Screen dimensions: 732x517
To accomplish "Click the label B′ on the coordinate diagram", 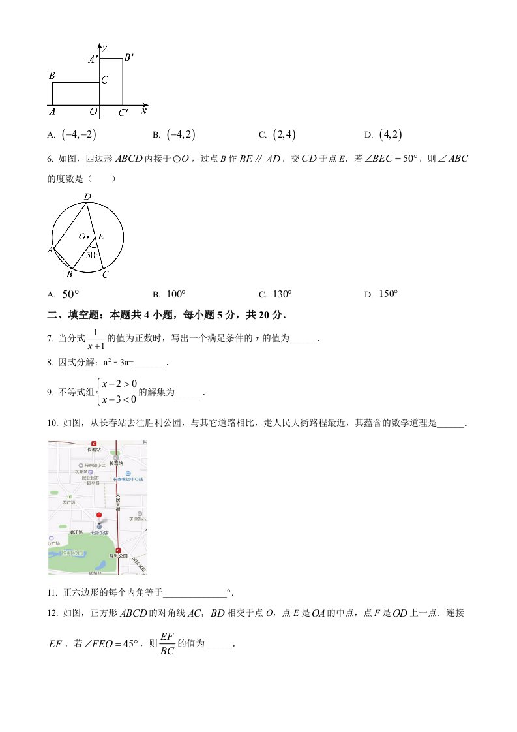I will coord(128,57).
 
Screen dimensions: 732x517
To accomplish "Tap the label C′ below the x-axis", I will coord(123,113).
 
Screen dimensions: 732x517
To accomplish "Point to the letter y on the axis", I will coord(104,46).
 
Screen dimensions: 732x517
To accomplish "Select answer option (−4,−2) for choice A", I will coord(79,134).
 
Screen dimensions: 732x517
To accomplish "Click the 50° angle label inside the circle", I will coord(93,255).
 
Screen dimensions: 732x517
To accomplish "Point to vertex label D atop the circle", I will coord(87,196).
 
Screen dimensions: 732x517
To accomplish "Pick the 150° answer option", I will coord(388,294).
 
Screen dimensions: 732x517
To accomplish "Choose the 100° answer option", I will coord(176,294).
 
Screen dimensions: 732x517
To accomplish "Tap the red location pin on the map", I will coord(98,515).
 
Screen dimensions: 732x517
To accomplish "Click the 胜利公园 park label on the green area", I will coord(73,553).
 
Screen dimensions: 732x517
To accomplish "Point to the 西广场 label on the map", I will coord(68,502).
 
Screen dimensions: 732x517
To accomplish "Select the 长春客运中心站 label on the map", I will coord(128,479).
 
